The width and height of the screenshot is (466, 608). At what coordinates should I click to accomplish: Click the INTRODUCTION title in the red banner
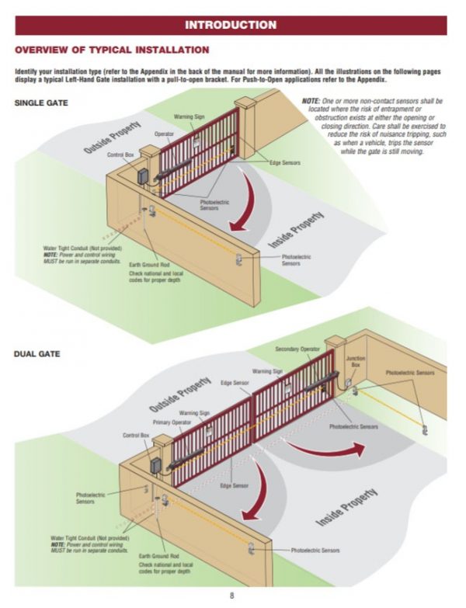(x=231, y=25)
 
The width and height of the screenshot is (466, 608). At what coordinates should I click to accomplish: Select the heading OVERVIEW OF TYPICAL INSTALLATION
(x=112, y=50)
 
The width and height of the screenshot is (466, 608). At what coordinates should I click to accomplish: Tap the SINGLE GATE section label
(x=41, y=102)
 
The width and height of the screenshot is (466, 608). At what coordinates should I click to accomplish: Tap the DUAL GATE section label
(x=37, y=354)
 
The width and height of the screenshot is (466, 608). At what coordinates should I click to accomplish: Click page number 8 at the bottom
(x=231, y=596)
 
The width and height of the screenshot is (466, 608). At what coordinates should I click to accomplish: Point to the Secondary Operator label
(x=298, y=349)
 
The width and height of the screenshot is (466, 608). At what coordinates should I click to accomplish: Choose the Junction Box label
(x=356, y=362)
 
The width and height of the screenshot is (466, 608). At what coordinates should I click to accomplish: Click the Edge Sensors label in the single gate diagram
(x=285, y=162)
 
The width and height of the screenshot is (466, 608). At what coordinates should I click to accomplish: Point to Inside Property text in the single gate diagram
(x=296, y=230)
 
